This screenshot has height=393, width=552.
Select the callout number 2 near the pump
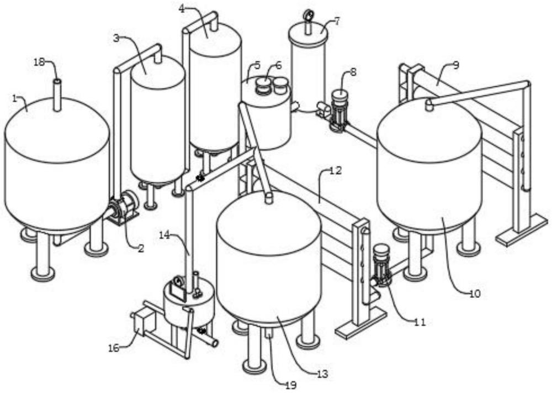115,38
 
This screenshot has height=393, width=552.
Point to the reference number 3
182,8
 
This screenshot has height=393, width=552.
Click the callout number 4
337,22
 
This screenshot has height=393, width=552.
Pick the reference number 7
455,65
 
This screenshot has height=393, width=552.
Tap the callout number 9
475,294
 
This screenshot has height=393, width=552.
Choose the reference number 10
336,170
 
